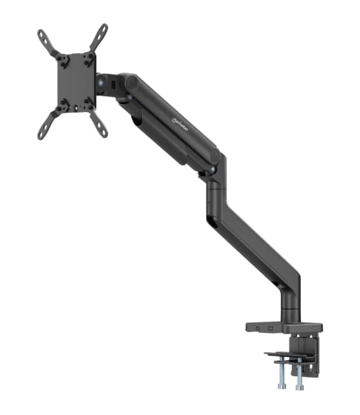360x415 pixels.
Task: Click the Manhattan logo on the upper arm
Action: coord(181,119)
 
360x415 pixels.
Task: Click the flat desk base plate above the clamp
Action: coord(283,327)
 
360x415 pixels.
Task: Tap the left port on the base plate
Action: coord(258,328)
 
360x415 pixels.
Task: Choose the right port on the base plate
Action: coord(270,328)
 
